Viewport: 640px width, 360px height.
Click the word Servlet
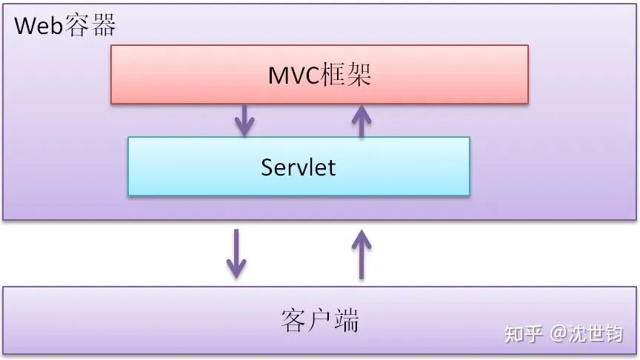(298, 167)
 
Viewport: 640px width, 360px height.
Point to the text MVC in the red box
(294, 75)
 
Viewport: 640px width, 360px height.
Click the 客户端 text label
(320, 320)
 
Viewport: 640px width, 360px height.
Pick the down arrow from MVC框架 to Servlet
(244, 119)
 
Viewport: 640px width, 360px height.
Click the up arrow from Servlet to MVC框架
(361, 121)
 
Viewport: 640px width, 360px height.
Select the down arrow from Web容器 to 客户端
(236, 253)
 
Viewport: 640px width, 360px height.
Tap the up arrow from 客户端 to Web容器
(361, 253)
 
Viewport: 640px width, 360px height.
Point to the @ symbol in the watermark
(557, 334)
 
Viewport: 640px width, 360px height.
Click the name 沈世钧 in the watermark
(596, 333)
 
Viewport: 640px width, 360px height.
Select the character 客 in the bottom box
(294, 320)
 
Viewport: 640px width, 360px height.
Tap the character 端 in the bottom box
(346, 320)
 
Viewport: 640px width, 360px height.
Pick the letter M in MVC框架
(279, 75)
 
